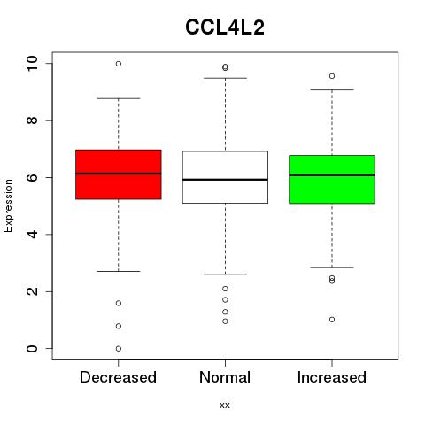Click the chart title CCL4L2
point(225,27)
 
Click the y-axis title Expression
point(8,206)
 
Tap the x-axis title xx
point(225,405)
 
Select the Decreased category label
point(118,377)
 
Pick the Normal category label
point(225,377)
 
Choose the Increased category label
point(332,377)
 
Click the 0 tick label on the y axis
point(32,349)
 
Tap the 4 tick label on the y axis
point(32,235)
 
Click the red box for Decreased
point(119,174)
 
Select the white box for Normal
point(225,177)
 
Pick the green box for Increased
point(332,179)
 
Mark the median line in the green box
point(332,175)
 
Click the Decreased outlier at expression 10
point(119,64)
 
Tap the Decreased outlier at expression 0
point(119,349)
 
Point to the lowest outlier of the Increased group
point(332,320)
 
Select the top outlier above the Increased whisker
point(332,76)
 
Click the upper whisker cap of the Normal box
point(225,78)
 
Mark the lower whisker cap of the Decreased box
point(119,271)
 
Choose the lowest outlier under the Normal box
point(225,321)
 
